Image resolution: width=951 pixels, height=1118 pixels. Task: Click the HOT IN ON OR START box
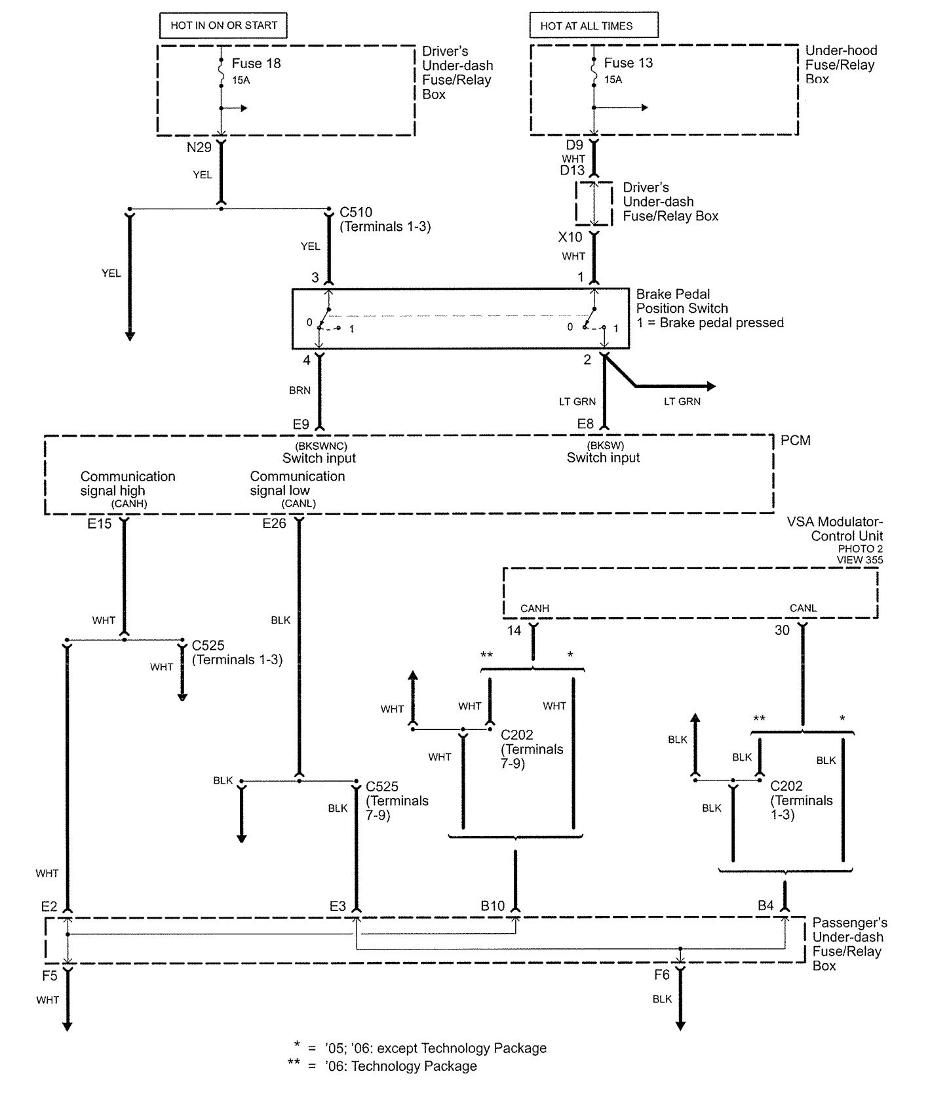[223, 26]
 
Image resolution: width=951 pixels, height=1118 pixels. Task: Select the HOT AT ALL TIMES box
[593, 26]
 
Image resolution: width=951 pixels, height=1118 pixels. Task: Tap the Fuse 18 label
[256, 64]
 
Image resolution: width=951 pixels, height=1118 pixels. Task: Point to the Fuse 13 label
[628, 63]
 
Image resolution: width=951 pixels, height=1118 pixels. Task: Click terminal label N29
[199, 148]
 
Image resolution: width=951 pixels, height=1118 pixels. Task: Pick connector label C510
[356, 212]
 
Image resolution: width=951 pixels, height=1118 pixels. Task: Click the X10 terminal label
[570, 237]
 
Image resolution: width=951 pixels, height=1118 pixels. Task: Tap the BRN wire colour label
[300, 390]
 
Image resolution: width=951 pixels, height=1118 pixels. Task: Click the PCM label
[795, 441]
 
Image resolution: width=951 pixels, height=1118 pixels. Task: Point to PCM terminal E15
[100, 524]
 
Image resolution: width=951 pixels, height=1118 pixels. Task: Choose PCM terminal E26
[275, 524]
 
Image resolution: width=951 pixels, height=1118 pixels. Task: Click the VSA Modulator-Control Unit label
[835, 529]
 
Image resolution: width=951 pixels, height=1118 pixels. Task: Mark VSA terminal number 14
[514, 631]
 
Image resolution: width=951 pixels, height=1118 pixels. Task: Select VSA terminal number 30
[782, 631]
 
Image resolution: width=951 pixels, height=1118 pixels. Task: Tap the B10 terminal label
[492, 906]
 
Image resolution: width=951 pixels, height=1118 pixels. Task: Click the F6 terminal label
[662, 975]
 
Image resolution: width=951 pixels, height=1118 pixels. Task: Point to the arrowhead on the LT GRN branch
[710, 386]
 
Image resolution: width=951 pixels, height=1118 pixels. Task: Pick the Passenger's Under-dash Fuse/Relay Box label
[849, 944]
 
